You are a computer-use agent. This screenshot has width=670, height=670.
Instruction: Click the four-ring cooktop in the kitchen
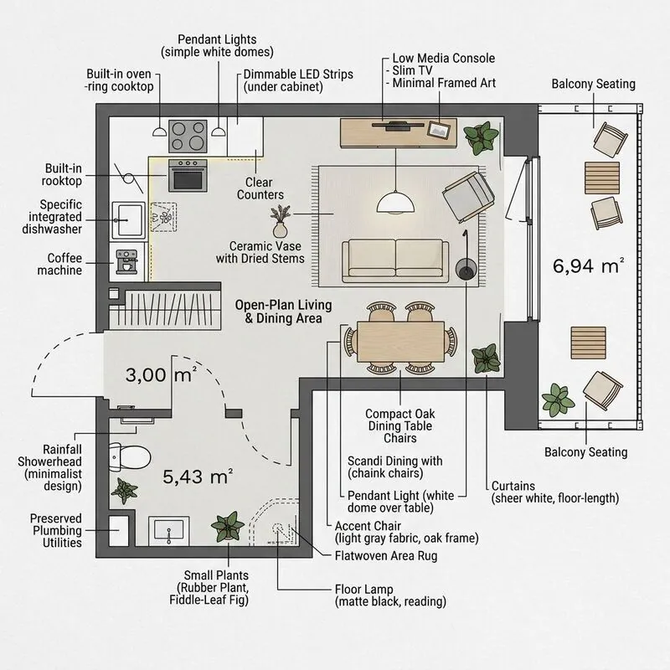(188, 137)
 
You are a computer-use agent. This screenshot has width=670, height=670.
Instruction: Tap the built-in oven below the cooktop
(188, 175)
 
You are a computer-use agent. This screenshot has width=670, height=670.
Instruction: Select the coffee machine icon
(126, 261)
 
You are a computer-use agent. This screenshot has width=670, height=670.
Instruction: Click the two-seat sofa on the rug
(395, 260)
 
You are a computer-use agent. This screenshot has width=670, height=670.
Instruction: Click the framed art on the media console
(439, 130)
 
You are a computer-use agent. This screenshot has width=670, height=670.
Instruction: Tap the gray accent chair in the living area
(469, 197)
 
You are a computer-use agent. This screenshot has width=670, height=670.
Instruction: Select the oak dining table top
(400, 342)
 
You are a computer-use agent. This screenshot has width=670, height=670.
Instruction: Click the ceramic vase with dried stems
(280, 221)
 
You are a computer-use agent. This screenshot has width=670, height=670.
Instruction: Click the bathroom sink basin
(169, 530)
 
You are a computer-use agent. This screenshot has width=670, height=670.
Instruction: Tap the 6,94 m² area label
(588, 265)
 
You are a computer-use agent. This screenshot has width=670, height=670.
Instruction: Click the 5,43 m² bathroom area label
(198, 477)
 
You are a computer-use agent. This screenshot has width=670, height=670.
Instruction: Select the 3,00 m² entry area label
(161, 374)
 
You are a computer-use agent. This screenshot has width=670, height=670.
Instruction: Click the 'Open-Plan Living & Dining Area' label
(283, 312)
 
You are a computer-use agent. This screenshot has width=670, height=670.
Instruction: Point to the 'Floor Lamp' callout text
(363, 590)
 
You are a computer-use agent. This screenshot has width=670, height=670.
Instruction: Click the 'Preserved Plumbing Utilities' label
(56, 530)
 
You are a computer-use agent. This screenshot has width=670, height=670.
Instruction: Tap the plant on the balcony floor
(558, 400)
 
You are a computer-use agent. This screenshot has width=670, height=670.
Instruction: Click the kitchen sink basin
(128, 219)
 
